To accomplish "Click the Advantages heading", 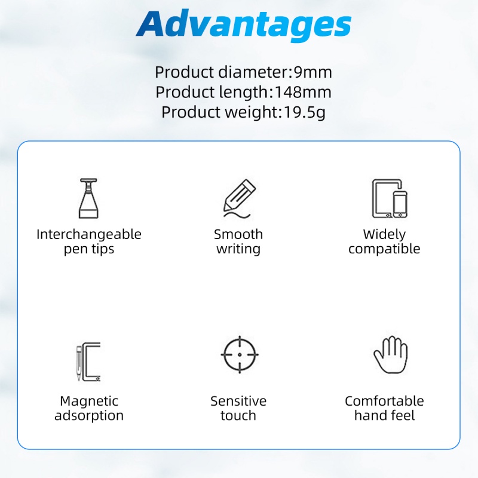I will click(x=243, y=25).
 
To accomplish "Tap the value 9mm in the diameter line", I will click(x=312, y=72).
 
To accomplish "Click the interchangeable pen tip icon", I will click(x=88, y=198).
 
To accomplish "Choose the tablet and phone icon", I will click(x=388, y=198).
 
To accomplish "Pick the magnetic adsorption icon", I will click(x=88, y=363).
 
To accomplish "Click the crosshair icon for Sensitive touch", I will click(x=238, y=355).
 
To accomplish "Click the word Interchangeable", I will click(x=89, y=234).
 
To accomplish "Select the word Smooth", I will click(x=238, y=234).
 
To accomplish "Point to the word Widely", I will click(x=384, y=234).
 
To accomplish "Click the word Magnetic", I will click(x=89, y=401).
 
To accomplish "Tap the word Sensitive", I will click(x=238, y=401).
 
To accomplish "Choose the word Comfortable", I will click(x=384, y=401).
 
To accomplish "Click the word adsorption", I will click(x=89, y=416).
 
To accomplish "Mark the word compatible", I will click(x=384, y=249).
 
